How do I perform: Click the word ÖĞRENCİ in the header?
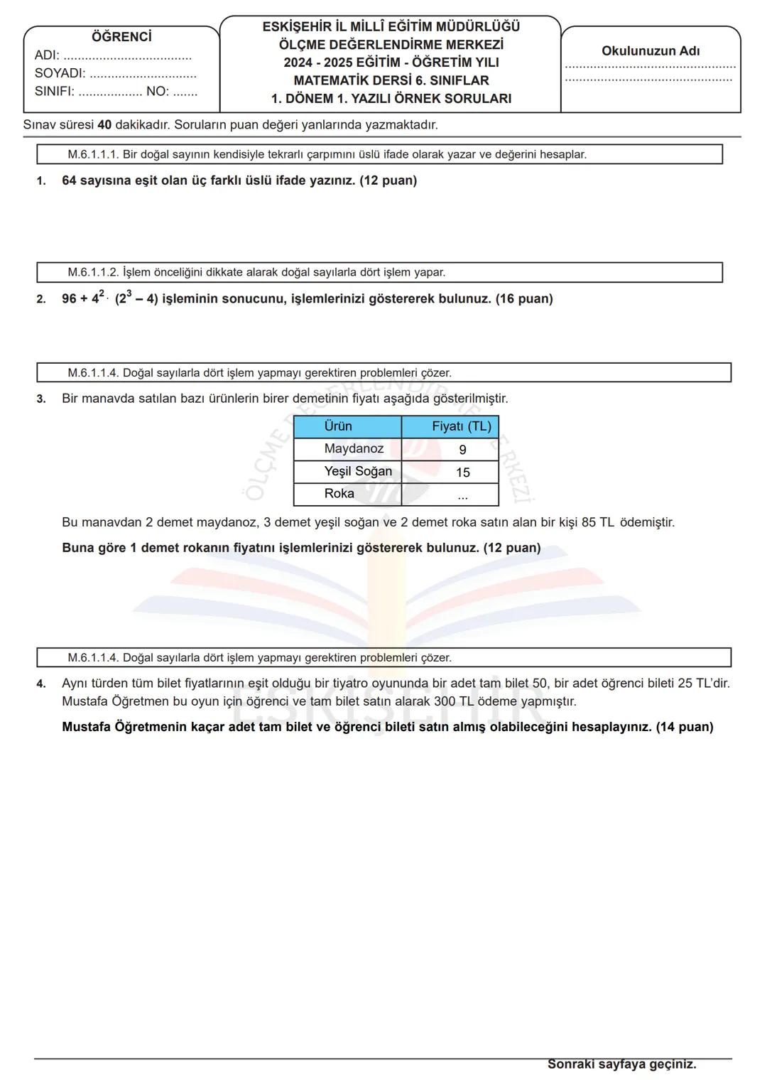121,37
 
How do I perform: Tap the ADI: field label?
47,55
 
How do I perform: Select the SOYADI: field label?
60,73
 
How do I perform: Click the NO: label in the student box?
158,92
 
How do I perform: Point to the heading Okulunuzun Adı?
651,51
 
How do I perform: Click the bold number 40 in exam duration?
104,125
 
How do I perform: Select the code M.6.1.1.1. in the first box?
93,154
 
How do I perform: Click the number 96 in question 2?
69,299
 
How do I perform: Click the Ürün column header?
338,426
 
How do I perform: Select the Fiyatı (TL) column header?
462,426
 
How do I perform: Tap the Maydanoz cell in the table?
354,449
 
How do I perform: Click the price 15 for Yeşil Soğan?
463,473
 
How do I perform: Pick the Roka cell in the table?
339,494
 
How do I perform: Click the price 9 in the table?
463,450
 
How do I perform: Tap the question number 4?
41,684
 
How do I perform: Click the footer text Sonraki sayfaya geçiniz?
621,1064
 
